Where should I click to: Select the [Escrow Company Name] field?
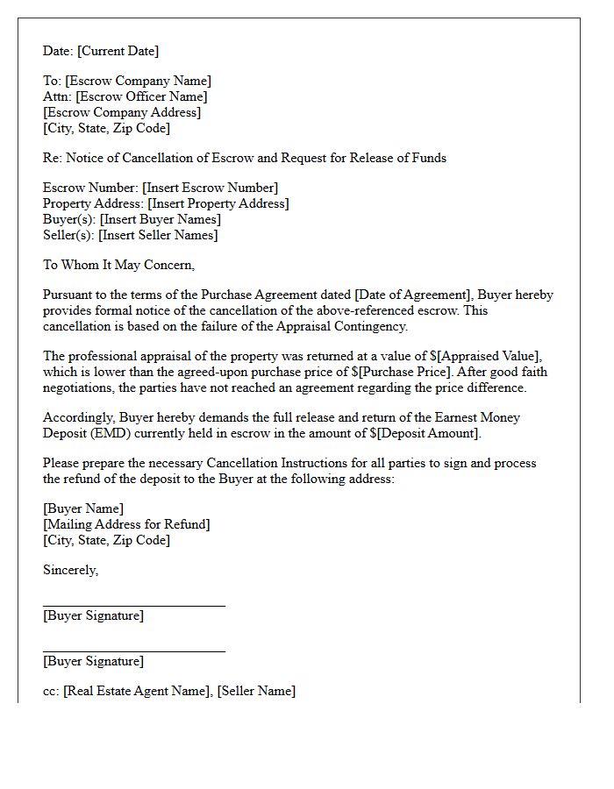[138, 81]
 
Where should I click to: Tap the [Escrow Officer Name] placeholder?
[143, 96]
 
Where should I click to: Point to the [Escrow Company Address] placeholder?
[122, 112]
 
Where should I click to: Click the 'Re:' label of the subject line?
[53, 158]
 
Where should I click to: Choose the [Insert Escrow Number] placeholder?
[210, 188]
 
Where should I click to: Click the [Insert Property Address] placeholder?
[218, 203]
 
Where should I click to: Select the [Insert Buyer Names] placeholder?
[160, 219]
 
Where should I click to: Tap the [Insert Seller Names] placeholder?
[158, 235]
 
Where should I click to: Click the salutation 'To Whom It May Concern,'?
[118, 265]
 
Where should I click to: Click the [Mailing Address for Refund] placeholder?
[126, 524]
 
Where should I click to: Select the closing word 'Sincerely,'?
[71, 570]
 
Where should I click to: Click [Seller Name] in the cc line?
[256, 691]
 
